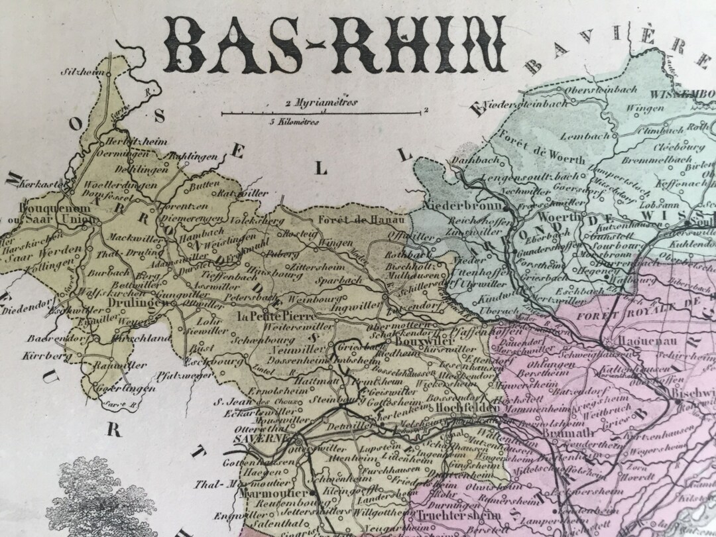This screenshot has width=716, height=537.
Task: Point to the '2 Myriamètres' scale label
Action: [321, 103]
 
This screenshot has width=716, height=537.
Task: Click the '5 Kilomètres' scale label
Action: [294, 122]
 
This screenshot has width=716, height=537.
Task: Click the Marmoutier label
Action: [274, 493]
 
